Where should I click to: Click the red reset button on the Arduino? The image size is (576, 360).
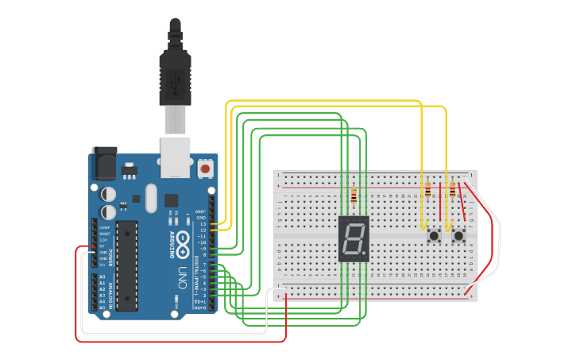(x=205, y=168)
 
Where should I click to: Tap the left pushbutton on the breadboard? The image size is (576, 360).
(x=435, y=236)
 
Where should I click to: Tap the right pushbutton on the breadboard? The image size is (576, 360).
(x=459, y=236)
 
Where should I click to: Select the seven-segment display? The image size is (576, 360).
(x=354, y=238)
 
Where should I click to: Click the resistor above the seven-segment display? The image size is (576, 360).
(x=354, y=195)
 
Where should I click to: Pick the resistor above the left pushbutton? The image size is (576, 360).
(x=428, y=190)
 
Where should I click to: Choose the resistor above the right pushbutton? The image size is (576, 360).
(x=453, y=190)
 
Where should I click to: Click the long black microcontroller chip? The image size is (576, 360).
(x=127, y=265)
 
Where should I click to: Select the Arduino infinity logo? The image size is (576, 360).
(x=181, y=240)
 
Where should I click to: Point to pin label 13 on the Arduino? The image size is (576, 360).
(x=202, y=224)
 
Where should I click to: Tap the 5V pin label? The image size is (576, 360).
(x=102, y=246)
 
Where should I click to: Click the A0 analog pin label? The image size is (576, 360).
(x=102, y=277)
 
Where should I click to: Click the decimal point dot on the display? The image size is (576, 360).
(x=365, y=255)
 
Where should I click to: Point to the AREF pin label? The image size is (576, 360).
(x=200, y=211)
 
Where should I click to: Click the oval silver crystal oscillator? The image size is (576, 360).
(x=136, y=197)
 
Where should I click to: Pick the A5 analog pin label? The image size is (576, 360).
(x=102, y=307)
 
